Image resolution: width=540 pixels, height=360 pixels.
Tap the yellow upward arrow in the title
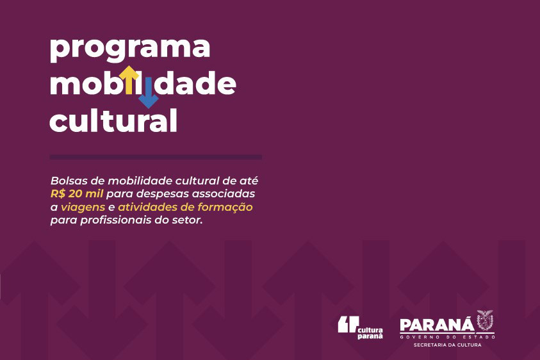(x=129, y=80)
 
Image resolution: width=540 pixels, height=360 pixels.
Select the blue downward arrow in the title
(x=149, y=92)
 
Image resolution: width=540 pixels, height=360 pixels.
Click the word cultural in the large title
(x=113, y=120)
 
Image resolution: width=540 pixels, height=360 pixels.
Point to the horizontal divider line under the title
(x=156, y=157)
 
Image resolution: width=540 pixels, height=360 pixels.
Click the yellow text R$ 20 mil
(x=77, y=194)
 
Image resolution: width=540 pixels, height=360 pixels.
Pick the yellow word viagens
(x=83, y=208)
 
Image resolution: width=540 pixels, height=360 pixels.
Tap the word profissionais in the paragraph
(x=116, y=220)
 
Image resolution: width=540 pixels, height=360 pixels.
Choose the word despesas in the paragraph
(x=163, y=194)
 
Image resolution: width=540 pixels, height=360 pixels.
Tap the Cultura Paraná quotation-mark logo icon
(x=348, y=325)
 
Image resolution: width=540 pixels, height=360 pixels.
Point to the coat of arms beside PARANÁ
(x=485, y=320)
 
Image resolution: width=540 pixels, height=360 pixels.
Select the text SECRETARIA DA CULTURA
(x=447, y=345)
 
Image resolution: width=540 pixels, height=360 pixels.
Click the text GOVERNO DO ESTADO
(x=447, y=337)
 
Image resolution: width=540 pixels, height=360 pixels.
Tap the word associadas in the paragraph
(x=223, y=194)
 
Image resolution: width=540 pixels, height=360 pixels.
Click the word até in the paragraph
(x=249, y=181)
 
